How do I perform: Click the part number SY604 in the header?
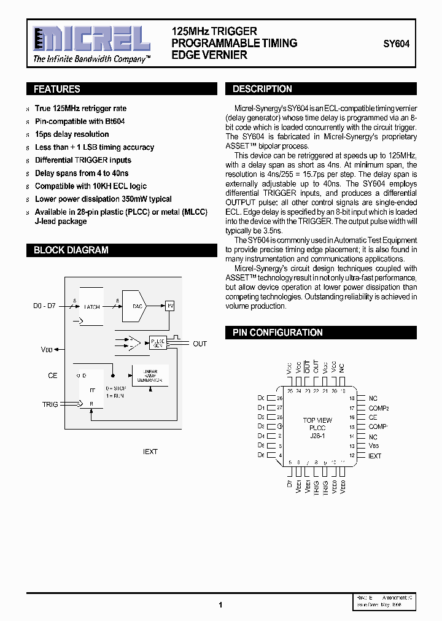[x=396, y=44]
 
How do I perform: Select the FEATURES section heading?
[x=56, y=90]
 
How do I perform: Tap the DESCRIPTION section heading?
[x=262, y=89]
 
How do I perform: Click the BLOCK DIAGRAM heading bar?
[x=71, y=250]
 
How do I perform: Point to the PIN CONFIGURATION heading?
[x=277, y=333]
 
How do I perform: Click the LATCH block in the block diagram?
[x=92, y=307]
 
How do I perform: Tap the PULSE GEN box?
[x=158, y=342]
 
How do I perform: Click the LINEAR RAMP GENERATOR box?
[x=150, y=376]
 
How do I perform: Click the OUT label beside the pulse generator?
[x=200, y=344]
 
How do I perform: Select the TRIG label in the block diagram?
[x=50, y=404]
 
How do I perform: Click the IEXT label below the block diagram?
[x=150, y=452]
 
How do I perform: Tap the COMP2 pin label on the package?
[x=379, y=408]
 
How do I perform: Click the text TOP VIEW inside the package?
[x=317, y=420]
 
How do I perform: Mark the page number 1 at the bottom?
[x=220, y=604]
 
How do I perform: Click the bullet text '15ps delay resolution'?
[x=72, y=134]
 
